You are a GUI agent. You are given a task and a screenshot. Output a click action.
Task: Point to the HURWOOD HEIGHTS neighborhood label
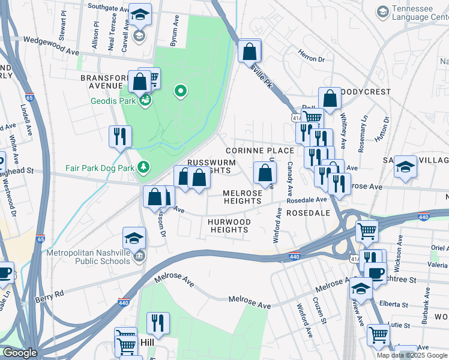point(228,226)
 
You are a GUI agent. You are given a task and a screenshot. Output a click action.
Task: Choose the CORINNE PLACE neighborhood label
point(259,151)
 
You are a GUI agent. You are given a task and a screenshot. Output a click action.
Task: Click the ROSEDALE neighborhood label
point(309,213)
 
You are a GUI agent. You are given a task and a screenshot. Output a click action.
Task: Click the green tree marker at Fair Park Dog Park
point(143,166)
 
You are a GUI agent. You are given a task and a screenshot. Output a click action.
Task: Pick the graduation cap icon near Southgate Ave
point(140,14)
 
